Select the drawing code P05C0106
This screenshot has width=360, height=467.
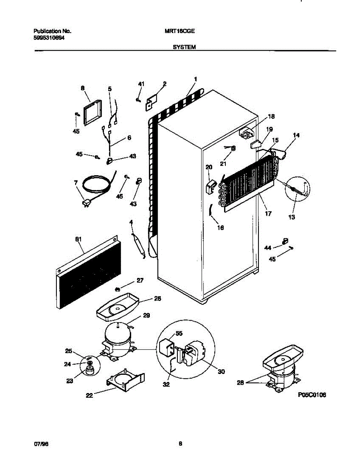click(x=312, y=395)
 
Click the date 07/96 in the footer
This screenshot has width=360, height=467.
click(x=40, y=443)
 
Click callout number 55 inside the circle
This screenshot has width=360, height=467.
click(x=179, y=333)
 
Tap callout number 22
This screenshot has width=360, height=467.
click(x=90, y=396)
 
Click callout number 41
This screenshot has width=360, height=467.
click(x=141, y=84)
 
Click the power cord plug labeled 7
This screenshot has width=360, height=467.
click(x=87, y=202)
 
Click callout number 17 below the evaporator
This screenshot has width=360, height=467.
click(x=268, y=214)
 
